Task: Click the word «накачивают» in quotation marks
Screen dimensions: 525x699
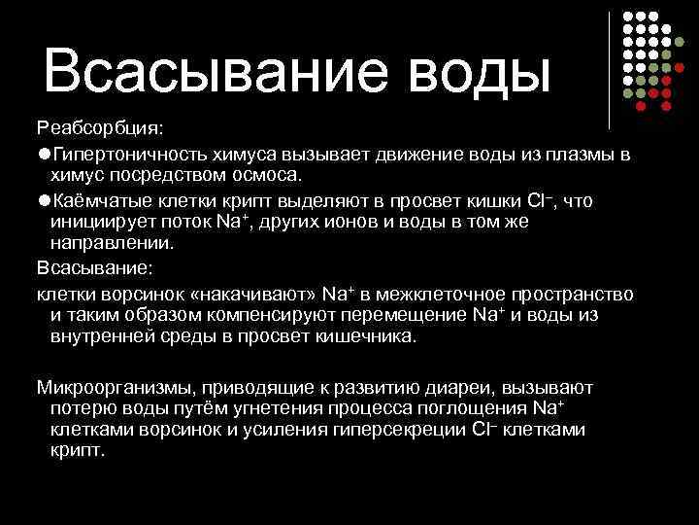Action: pos(259,293)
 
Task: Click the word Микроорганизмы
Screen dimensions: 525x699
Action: pos(102,387)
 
